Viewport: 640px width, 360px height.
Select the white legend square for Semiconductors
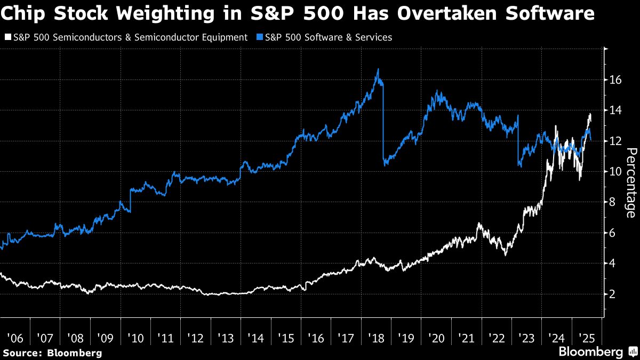pos(7,37)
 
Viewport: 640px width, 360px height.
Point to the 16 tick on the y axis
pos(615,80)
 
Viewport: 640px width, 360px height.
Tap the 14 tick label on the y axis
pos(615,110)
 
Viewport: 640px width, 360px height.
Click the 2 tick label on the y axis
pos(613,294)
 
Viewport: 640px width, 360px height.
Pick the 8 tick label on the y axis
pos(613,202)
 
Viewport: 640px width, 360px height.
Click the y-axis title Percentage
pos(630,183)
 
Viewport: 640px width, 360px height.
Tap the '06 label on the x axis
pos(15,339)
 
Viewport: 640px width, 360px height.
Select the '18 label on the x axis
pos(375,339)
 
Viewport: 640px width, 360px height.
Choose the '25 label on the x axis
pos(586,339)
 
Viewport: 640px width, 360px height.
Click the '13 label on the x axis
pos(225,339)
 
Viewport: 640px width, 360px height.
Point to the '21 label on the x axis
pos(466,339)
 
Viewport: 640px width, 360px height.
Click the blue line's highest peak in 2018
pos(378,69)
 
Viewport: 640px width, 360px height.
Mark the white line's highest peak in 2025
pos(590,114)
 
